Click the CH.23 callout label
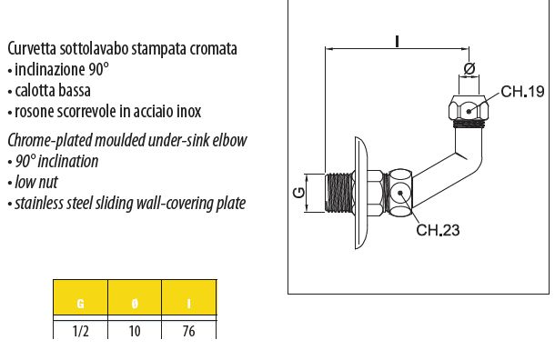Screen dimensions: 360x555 pos(438,230)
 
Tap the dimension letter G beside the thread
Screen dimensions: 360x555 pos(299,194)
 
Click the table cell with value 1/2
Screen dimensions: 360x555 pos(79,331)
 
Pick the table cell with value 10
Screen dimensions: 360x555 pos(135,331)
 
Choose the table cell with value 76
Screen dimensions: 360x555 pos(189,331)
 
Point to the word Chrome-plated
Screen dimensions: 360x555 pos(45,140)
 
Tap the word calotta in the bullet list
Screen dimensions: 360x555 pos(35,91)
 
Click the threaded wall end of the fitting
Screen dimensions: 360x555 pos(338,194)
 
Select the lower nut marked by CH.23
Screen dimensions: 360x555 pos(399,194)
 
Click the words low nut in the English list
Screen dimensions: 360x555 pos(35,182)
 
